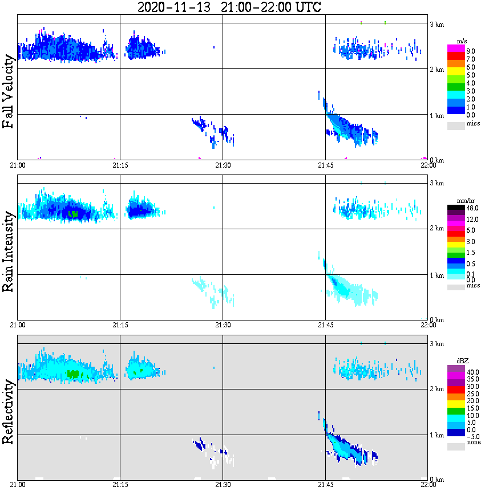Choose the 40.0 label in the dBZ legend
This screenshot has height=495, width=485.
tap(473, 372)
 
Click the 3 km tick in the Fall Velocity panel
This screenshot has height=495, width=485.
tap(436, 24)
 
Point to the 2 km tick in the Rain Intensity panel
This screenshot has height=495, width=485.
tap(436, 229)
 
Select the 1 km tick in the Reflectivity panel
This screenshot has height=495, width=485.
tap(436, 435)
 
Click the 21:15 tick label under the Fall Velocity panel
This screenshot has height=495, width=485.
tap(120, 165)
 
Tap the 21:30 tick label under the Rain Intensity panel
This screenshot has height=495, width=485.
tap(223, 325)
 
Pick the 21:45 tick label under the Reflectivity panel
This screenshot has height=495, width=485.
tap(325, 485)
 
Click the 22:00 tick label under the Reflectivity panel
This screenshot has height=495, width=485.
tap(428, 485)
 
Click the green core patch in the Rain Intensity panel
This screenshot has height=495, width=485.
tap(72, 213)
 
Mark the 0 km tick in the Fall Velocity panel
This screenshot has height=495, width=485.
tap(436, 160)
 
